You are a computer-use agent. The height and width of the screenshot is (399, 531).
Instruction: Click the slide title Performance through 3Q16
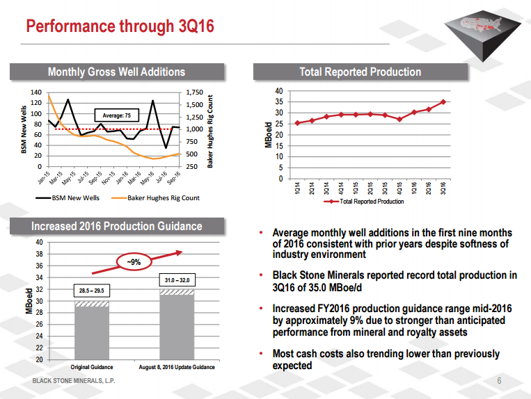(x=120, y=27)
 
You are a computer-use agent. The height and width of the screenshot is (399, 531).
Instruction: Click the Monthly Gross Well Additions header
(x=116, y=72)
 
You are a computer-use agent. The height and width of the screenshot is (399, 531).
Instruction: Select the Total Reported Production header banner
(x=360, y=72)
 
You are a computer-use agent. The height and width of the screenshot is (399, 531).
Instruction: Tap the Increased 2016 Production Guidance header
(x=116, y=227)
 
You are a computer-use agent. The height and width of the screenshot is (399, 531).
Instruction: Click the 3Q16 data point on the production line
(x=443, y=101)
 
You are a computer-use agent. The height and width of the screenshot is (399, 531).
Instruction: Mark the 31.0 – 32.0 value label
(x=177, y=280)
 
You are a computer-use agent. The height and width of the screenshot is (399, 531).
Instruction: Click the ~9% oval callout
(x=135, y=262)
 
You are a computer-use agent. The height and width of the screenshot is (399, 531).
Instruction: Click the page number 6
(x=500, y=381)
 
